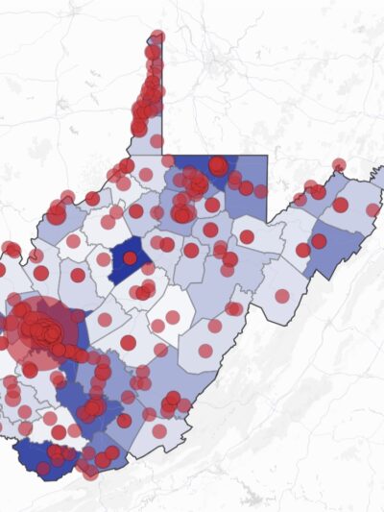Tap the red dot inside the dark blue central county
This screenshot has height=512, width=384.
130,258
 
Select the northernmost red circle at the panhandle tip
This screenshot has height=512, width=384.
157,37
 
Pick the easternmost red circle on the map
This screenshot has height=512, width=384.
372,209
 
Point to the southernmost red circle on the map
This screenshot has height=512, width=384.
90,472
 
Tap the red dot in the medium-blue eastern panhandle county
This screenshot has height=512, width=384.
319,241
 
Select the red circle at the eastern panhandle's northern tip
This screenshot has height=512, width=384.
339,165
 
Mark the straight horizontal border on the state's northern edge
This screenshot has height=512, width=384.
216,155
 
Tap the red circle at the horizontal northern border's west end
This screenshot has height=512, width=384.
168,160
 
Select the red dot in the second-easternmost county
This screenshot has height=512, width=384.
340,205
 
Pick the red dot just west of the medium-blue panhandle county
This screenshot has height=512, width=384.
302,250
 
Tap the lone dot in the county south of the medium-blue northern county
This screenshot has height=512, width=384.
247,236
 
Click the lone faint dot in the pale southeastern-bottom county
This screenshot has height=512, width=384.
159,431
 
